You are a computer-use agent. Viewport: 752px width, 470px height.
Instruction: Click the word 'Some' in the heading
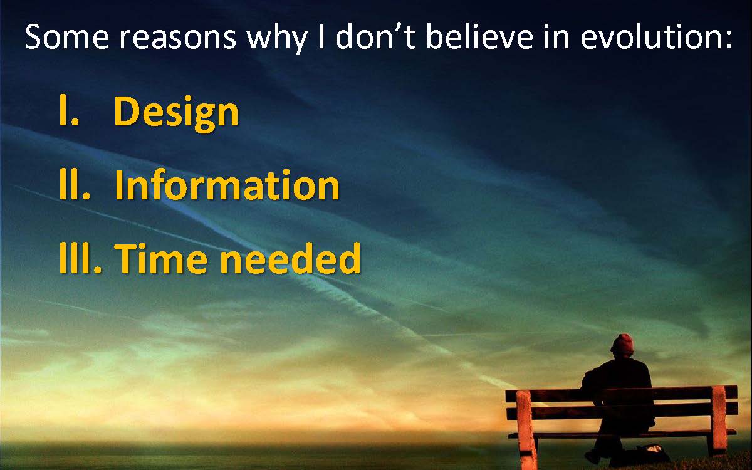pos(67,36)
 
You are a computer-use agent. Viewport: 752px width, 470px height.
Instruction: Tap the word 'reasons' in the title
pos(178,39)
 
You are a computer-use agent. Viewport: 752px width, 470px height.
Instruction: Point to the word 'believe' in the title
pos(479,36)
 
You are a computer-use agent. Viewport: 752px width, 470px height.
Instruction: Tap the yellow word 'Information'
pos(227,185)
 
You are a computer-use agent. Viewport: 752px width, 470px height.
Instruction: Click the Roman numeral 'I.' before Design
pos(69,110)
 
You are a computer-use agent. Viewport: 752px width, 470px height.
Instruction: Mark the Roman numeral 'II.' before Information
pos(75,184)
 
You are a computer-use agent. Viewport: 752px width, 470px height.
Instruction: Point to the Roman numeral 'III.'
pos(80,258)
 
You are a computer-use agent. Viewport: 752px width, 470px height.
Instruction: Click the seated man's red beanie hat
pos(622,345)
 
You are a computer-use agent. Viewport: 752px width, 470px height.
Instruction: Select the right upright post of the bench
pos(718,421)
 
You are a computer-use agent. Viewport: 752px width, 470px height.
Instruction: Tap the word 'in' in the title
pos(556,37)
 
